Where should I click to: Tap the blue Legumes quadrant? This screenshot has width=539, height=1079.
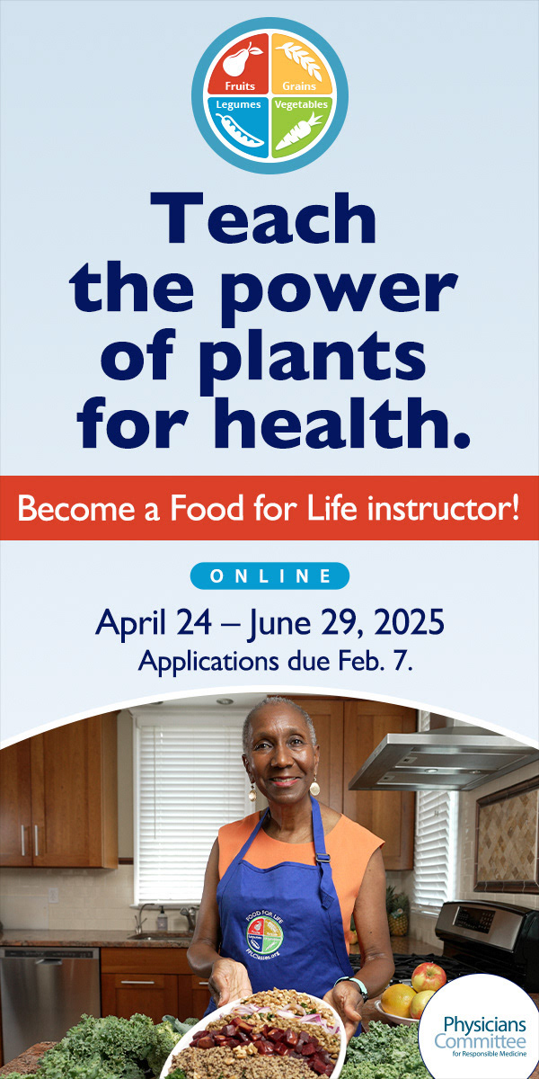(x=238, y=126)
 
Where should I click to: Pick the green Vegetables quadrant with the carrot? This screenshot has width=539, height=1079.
(x=301, y=126)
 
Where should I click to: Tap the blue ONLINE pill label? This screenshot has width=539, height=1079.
(x=269, y=575)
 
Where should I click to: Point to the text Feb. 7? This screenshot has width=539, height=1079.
(x=363, y=662)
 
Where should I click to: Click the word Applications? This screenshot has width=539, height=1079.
(x=208, y=663)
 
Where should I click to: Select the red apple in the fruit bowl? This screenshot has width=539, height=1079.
(x=429, y=976)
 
